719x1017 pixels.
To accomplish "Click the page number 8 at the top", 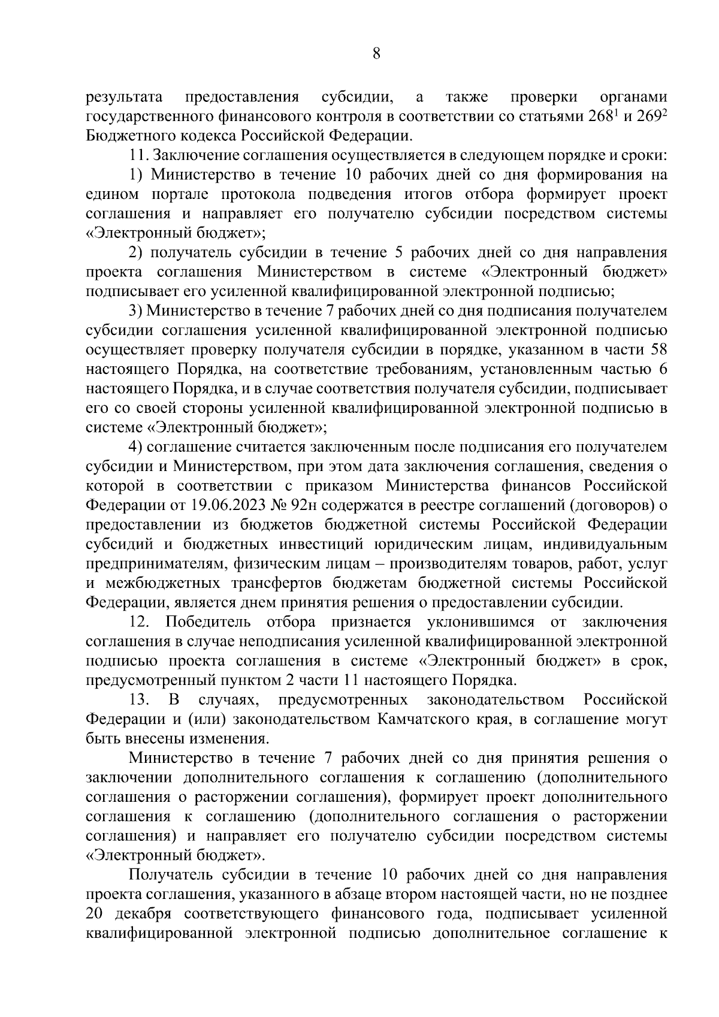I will [376, 53].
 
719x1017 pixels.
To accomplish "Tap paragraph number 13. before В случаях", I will [139, 699].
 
